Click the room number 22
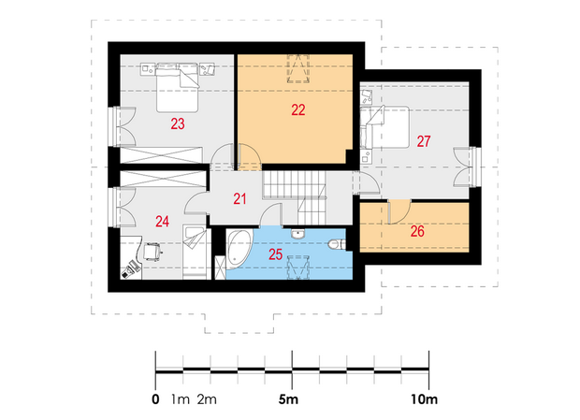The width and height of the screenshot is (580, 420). coord(298,109)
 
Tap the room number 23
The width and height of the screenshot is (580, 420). coord(178,123)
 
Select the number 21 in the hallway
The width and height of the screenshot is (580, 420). coord(239,199)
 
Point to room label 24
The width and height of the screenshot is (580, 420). coord(163,222)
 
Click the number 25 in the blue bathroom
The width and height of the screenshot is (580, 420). coord(276,254)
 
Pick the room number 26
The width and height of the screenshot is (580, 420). coord(417,231)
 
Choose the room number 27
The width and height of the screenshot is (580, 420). coord(424,141)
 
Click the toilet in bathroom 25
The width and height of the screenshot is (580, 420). coord(337,244)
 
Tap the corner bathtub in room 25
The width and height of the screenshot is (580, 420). coord(239,249)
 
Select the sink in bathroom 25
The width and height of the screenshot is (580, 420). coord(297,234)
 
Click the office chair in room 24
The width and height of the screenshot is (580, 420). coord(152,251)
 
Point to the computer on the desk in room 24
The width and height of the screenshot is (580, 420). coord(130,268)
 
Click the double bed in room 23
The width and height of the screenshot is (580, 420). coord(177,88)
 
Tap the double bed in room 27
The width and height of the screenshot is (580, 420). coord(384,127)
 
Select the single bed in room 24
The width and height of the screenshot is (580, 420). coord(195,252)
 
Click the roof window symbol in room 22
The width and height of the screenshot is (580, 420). coord(298,68)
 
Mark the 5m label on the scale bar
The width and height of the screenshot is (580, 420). coord(288,399)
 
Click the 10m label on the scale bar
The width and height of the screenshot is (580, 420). coord(424,399)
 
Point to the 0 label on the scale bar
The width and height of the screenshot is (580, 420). coord(155,399)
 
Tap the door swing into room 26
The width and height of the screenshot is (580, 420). coord(399,211)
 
